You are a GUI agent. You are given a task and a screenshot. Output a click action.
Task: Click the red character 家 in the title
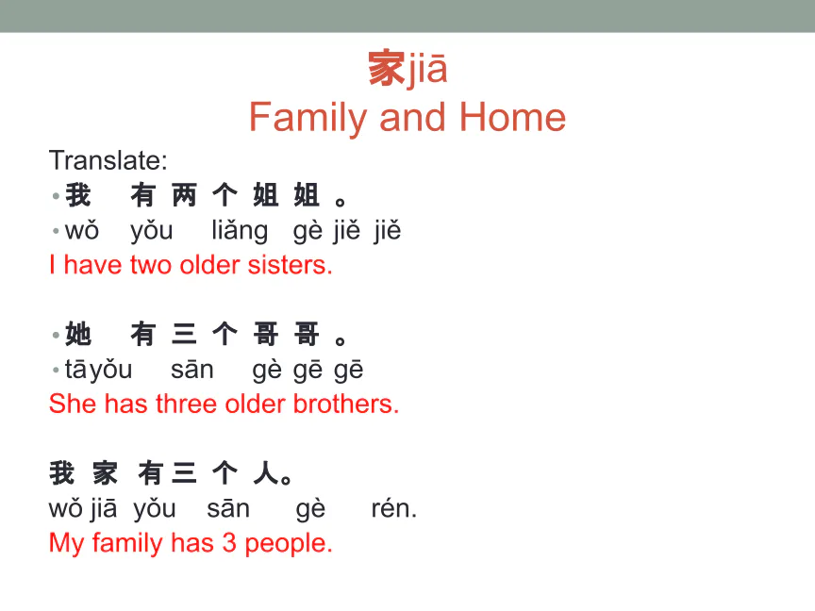click(x=386, y=68)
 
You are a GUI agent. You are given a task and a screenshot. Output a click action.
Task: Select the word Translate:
click(x=108, y=160)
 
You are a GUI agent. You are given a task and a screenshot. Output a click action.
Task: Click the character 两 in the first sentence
click(x=184, y=195)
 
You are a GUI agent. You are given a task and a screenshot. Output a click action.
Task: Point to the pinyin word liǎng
click(x=240, y=231)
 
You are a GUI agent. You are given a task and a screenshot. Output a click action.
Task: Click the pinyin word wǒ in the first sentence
click(x=82, y=230)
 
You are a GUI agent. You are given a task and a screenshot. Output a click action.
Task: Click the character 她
click(x=78, y=334)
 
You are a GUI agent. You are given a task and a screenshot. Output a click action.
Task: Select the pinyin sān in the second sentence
click(x=191, y=370)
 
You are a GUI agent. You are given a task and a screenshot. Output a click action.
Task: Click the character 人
click(x=266, y=472)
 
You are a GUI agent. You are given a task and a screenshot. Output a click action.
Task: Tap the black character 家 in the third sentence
click(x=105, y=472)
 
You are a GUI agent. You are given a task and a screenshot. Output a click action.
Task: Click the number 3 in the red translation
click(x=229, y=543)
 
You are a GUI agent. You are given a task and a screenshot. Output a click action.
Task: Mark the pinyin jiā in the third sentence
click(x=104, y=509)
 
